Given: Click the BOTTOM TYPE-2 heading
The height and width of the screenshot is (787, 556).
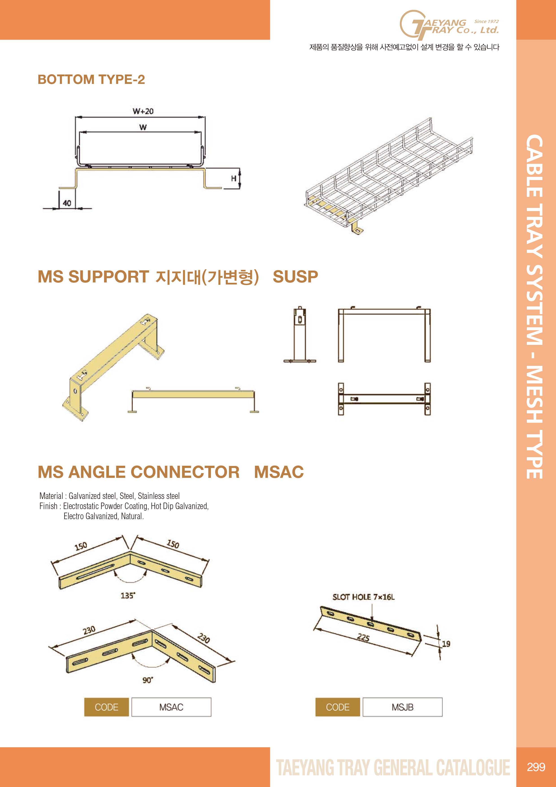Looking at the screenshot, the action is pyautogui.click(x=91, y=79).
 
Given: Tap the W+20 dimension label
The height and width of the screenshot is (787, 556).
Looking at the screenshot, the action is pyautogui.click(x=143, y=111).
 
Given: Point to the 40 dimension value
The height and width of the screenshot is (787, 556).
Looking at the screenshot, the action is pyautogui.click(x=67, y=203).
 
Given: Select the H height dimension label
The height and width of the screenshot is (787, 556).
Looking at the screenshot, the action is pyautogui.click(x=234, y=178).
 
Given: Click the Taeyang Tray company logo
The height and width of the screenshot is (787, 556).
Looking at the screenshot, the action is pyautogui.click(x=449, y=25).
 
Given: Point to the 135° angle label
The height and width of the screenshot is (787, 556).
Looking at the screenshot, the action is pyautogui.click(x=128, y=595).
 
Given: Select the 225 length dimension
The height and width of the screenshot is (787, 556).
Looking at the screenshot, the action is pyautogui.click(x=363, y=638).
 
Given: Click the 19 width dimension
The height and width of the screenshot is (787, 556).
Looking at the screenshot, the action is pyautogui.click(x=446, y=644).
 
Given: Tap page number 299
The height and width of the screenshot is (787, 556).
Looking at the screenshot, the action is pyautogui.click(x=536, y=767).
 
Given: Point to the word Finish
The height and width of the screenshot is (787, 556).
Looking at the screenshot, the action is pyautogui.click(x=48, y=506).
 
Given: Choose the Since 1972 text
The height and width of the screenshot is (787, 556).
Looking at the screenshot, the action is pyautogui.click(x=486, y=21).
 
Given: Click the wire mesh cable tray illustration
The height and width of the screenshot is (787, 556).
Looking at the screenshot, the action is pyautogui.click(x=389, y=177).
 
